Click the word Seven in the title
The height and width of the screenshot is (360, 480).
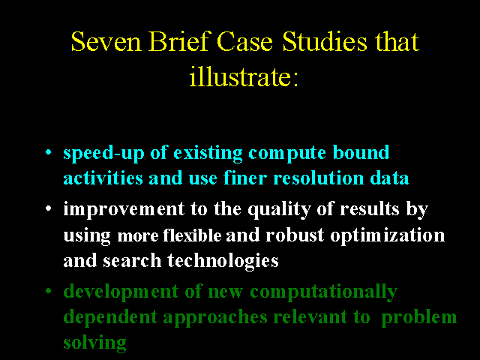(106, 41)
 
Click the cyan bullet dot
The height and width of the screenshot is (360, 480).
(48, 151)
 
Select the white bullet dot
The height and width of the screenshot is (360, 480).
(48, 208)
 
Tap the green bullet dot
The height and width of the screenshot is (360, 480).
(48, 290)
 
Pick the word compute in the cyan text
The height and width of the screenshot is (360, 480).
(287, 154)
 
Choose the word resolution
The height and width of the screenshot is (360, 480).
(318, 178)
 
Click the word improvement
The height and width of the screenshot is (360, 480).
(124, 210)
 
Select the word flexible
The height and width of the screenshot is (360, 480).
(192, 235)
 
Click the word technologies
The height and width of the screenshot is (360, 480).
(223, 261)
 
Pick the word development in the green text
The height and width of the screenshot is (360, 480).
(121, 292)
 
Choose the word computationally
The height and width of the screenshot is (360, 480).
(323, 292)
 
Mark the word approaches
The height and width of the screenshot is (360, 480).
(215, 317)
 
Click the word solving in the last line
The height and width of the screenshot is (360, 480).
(94, 343)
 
